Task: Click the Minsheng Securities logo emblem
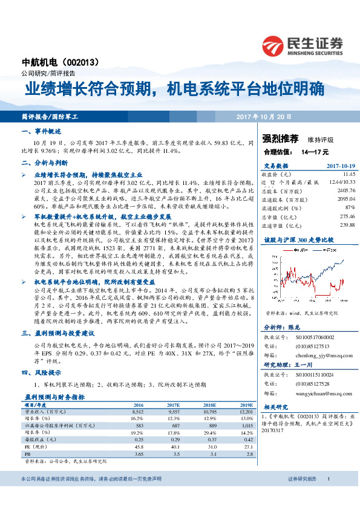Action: [273, 45]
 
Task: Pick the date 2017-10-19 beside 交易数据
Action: [340, 164]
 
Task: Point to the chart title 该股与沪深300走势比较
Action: [294, 240]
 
